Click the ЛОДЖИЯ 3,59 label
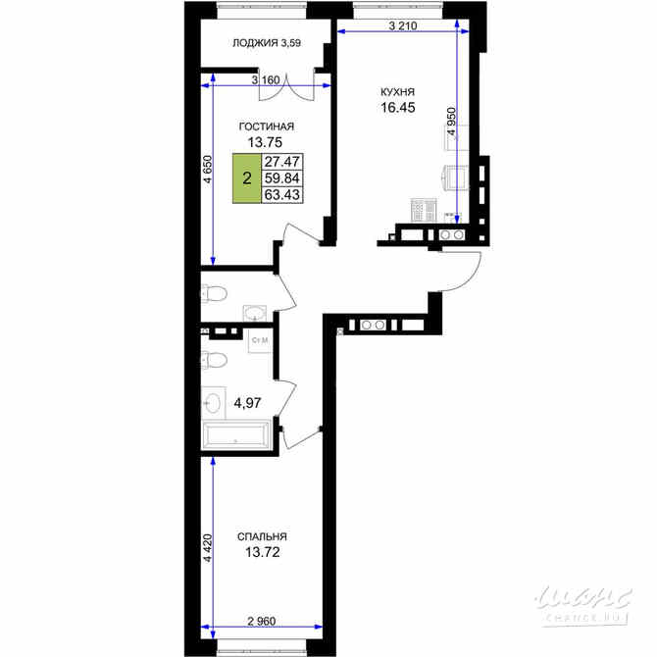[x=267, y=43]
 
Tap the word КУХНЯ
[x=397, y=92]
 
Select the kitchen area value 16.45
[x=398, y=108]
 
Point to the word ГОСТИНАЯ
[x=267, y=126]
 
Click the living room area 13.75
[x=265, y=142]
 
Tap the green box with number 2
[x=247, y=178]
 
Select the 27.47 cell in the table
[x=282, y=162]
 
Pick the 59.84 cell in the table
[x=282, y=178]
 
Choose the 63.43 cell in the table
[x=282, y=195]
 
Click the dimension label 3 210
[x=403, y=25]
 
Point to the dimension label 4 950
[x=452, y=121]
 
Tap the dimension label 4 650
[x=208, y=170]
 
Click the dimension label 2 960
[x=262, y=621]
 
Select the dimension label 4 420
[x=208, y=547]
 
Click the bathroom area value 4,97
[x=247, y=403]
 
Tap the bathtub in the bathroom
[x=236, y=435]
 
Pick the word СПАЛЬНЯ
[x=262, y=536]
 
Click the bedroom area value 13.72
[x=262, y=553]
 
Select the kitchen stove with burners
[x=424, y=210]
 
